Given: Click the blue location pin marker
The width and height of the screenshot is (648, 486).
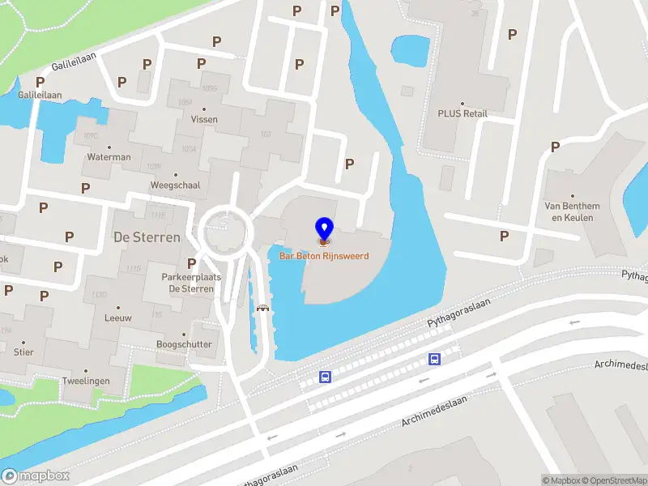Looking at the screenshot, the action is click(324, 229).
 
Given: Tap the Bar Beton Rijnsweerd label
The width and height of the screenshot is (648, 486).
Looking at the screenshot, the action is click(324, 256).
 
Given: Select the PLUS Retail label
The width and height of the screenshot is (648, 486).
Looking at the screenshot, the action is click(463, 113).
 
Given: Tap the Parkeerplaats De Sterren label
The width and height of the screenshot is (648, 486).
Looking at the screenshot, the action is click(191, 283).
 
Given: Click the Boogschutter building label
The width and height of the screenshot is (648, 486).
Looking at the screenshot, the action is click(184, 344).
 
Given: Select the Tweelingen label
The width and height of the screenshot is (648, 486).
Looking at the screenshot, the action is click(86, 381).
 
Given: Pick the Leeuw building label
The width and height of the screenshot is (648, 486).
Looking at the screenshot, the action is click(118, 318).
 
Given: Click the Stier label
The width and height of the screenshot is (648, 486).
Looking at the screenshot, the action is click(23, 352).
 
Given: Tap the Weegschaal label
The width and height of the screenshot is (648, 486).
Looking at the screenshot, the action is click(174, 185).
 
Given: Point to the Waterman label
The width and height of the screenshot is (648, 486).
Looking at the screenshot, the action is click(109, 157).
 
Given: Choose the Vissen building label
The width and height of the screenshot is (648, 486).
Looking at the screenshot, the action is click(204, 119).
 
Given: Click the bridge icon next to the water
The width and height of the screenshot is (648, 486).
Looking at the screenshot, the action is click(262, 307).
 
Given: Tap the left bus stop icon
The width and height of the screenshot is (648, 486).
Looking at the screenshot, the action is click(325, 377).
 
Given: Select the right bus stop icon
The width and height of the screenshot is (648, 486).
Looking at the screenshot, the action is click(435, 359).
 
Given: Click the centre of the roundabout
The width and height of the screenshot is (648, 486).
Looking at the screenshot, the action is click(224, 232).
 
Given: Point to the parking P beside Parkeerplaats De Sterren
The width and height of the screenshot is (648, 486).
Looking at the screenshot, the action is click(191, 263).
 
